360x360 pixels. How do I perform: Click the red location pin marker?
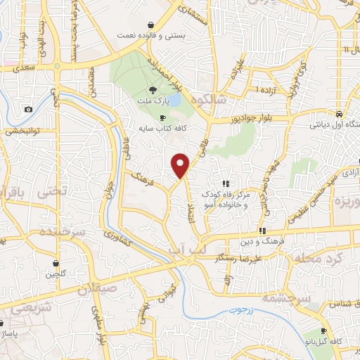pos(181,165)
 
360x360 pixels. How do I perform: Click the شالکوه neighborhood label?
pos(223,100)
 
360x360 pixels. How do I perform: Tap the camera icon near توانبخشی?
pos(28,109)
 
